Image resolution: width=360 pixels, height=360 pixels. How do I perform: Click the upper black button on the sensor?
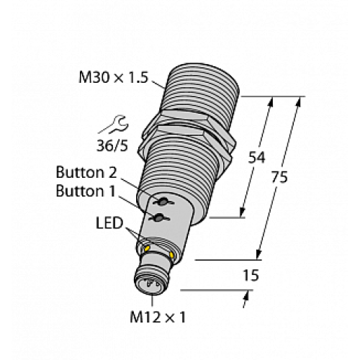pos(164,203)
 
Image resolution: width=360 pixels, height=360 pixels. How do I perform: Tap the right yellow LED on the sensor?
pos(174,253)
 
